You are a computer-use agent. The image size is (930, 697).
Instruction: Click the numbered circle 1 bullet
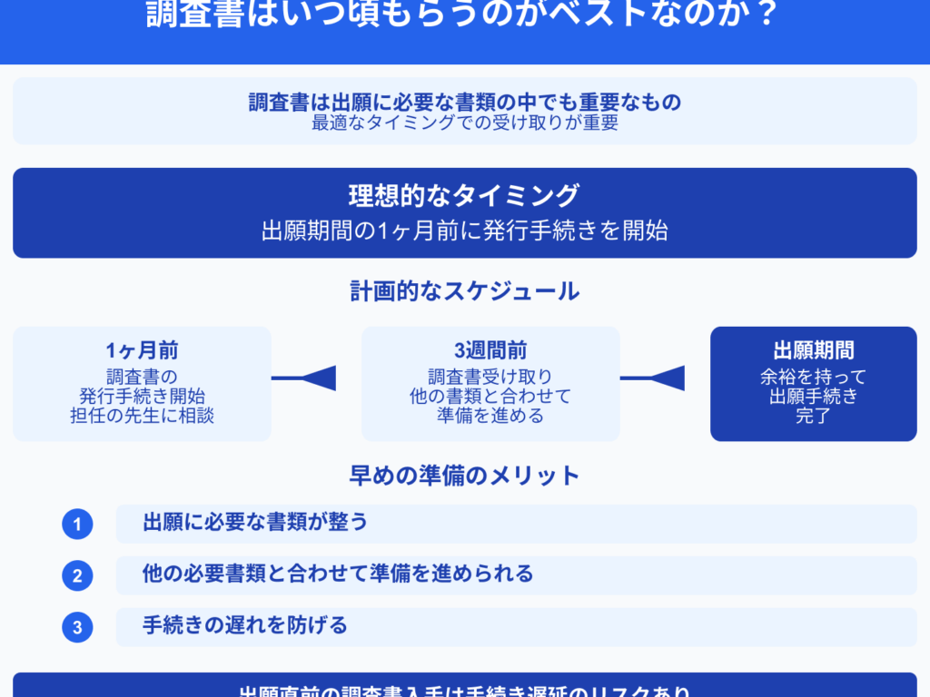tap(78, 524)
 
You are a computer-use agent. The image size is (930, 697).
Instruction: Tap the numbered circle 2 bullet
tap(78, 575)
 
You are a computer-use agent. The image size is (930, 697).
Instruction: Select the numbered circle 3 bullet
tap(78, 627)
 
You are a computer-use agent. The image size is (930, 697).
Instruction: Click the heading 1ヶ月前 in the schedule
tap(143, 351)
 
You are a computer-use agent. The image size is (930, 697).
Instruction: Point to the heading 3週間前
tap(490, 351)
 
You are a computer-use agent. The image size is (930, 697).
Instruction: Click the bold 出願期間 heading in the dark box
tap(814, 351)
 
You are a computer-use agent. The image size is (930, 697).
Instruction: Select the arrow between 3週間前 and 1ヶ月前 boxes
tap(304, 378)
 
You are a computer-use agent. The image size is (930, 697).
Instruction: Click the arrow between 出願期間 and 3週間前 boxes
tap(653, 378)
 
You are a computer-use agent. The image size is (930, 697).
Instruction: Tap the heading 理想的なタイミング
tap(464, 195)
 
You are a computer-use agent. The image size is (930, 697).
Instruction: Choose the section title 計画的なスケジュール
tap(464, 291)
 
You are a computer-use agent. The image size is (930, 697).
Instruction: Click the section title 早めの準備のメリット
tap(464, 476)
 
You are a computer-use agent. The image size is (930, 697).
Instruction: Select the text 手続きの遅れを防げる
tap(245, 625)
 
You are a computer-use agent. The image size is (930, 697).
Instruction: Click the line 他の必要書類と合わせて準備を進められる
tap(338, 574)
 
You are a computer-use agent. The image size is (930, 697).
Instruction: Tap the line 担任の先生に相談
tap(143, 417)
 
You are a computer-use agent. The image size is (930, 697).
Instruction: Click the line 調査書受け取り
tap(490, 376)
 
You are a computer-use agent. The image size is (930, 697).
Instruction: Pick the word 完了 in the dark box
tap(814, 418)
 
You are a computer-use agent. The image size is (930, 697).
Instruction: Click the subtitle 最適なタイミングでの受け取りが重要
tap(464, 123)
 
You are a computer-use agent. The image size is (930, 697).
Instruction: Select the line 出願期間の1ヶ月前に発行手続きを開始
tap(464, 231)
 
